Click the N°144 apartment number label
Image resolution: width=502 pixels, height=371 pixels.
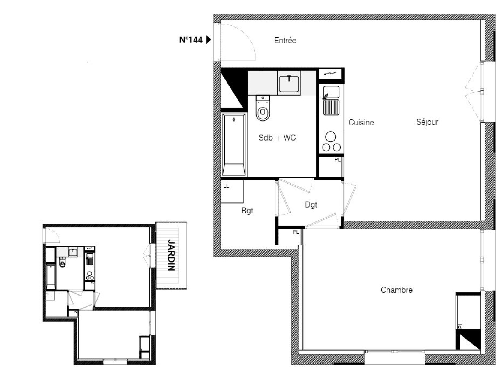tap(191, 40)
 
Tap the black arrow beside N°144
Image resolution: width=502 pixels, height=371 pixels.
tap(208, 40)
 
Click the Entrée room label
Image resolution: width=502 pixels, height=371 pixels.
tap(285, 41)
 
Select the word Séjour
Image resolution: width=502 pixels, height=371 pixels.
tap(427, 122)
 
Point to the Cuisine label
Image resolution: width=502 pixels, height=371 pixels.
tap(361, 122)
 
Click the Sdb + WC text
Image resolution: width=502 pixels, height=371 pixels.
tap(277, 137)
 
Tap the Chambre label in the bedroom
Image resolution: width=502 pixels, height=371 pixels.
tap(397, 290)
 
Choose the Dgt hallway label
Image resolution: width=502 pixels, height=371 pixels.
tap(311, 205)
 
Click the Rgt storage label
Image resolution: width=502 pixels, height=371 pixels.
tap(247, 211)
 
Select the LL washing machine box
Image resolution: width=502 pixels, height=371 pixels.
tap(232, 191)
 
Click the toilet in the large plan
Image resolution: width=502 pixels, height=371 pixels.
tap(263, 108)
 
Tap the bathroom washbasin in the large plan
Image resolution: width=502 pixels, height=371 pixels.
tap(289, 84)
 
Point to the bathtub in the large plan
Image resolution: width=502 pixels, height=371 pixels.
tap(234, 145)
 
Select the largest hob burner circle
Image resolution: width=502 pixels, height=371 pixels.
tap(331, 136)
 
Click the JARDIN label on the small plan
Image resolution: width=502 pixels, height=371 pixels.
tap(171, 255)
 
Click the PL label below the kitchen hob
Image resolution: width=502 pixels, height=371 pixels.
tap(337, 160)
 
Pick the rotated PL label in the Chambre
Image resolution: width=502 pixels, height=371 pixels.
tap(460, 325)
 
